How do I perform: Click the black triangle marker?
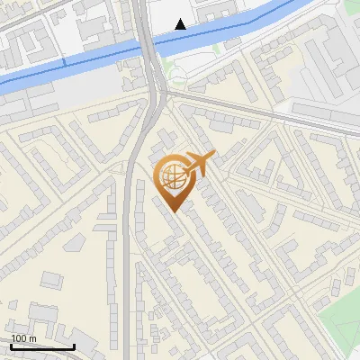coord(181,24)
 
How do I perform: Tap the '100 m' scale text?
coord(24,338)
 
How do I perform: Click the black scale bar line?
coord(42,346)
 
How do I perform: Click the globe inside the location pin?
coord(171,177)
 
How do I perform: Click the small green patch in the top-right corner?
coord(353,6)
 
